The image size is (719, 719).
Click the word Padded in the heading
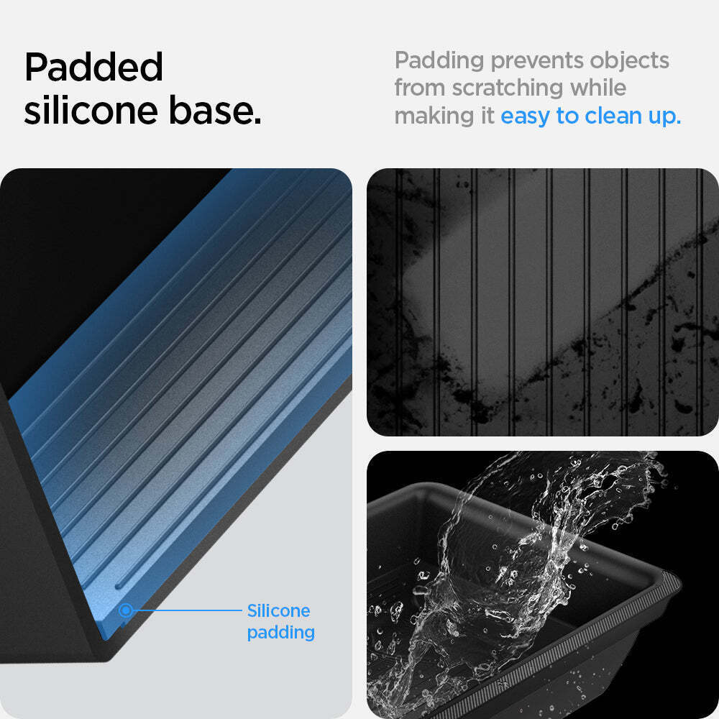pos(93,67)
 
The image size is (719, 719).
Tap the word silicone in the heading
pos(91,110)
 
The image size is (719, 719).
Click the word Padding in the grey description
pos(439,61)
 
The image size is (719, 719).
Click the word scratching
pos(507,88)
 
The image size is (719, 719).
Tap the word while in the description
pos(598,88)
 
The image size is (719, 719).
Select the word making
pos(434,116)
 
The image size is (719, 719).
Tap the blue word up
pos(664,118)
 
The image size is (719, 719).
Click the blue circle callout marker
pos(126,610)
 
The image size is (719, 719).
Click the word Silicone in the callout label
pos(278,610)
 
